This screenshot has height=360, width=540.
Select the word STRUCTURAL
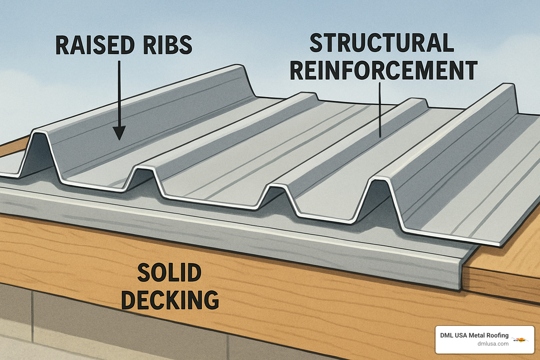point(381,43)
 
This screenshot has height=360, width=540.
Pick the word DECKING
point(170,300)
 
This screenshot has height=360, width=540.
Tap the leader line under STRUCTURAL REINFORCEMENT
point(380,109)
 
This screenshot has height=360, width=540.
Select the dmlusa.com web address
point(493,344)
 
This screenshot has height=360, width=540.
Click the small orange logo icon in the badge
point(521,339)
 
